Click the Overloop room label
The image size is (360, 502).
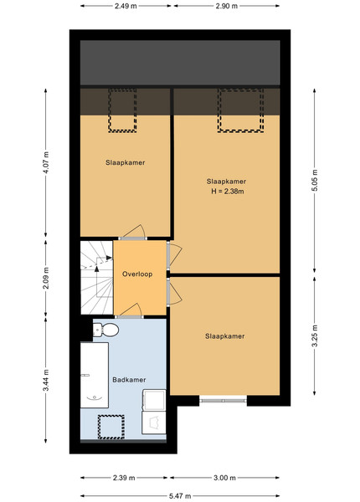tap(137, 274)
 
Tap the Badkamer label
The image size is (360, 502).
tap(129, 380)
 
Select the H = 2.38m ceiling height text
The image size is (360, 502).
tap(228, 192)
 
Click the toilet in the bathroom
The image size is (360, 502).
tap(105, 330)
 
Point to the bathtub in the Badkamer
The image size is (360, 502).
tap(94, 375)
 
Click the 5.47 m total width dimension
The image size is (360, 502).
tap(180, 496)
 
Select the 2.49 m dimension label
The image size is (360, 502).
tap(126, 6)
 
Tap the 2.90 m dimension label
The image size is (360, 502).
tap(226, 6)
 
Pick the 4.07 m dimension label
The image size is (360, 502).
tap(46, 162)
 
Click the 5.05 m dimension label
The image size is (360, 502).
tap(315, 180)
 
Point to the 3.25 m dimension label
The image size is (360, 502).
tap(315, 336)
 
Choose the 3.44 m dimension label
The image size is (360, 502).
tap(46, 380)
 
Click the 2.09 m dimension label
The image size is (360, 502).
tap(46, 278)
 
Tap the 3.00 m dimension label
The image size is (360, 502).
tap(224, 478)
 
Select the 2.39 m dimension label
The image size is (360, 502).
tap(124, 478)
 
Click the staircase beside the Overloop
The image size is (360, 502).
tap(96, 278)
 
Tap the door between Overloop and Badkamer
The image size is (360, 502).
tap(129, 316)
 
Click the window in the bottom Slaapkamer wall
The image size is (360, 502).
tap(223, 400)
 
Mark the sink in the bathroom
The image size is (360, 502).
tap(154, 400)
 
